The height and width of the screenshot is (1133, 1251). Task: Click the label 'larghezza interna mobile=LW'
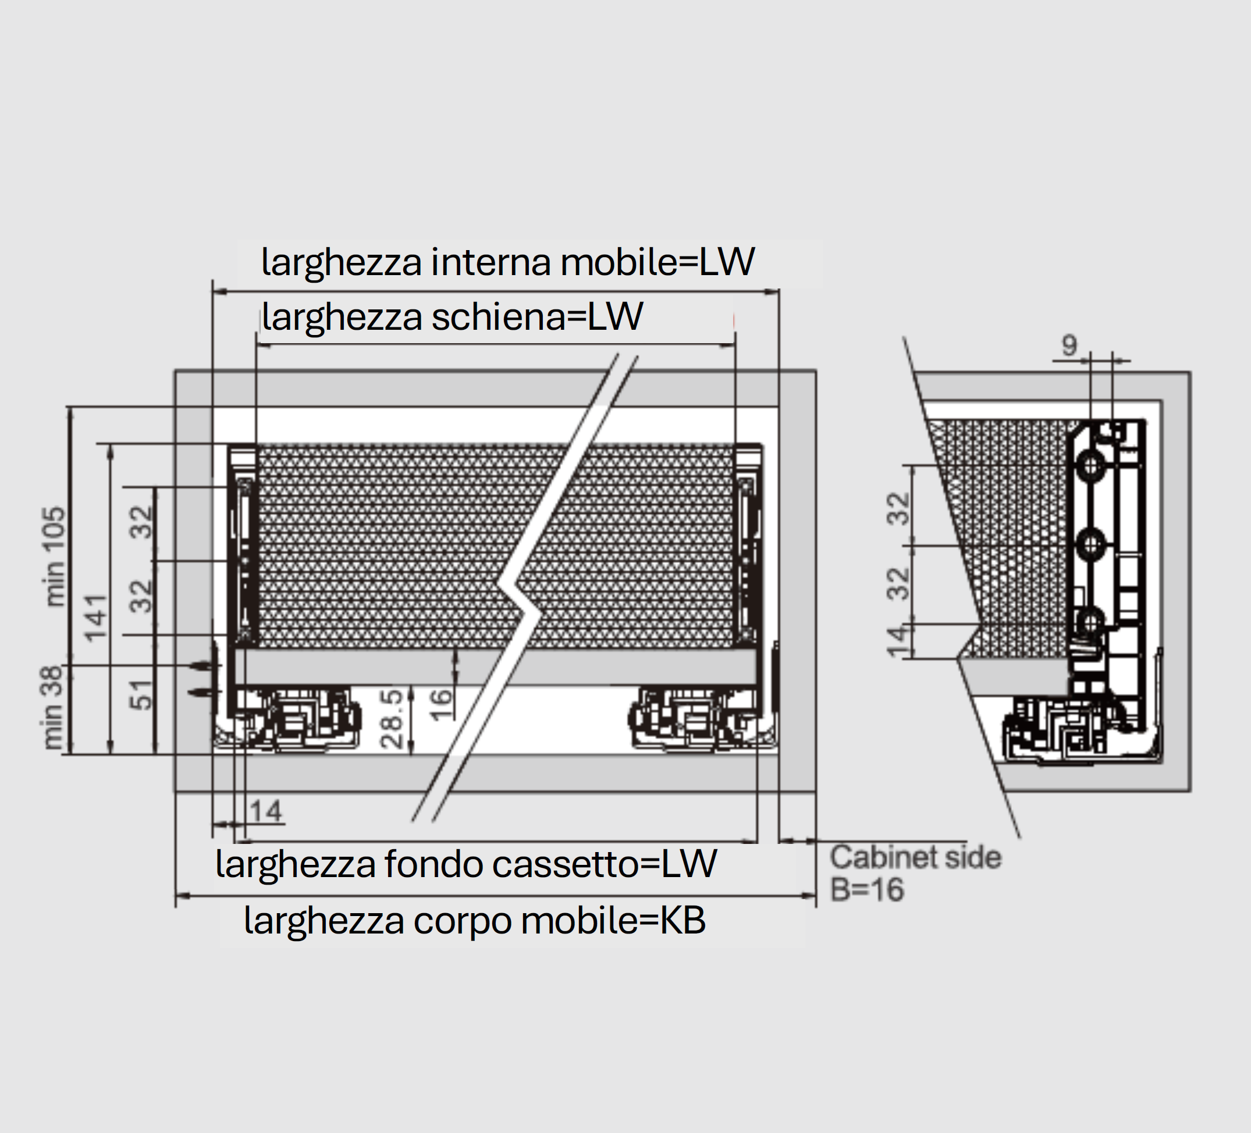point(507,262)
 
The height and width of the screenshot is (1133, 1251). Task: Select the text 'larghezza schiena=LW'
point(452,317)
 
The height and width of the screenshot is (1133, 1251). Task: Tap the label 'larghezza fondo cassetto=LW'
point(465,863)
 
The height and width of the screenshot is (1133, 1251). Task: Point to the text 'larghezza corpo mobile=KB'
point(475,920)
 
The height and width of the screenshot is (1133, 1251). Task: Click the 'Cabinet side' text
point(915,858)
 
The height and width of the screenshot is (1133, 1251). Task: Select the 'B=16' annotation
point(867,890)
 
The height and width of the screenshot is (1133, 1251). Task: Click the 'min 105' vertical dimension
point(55,556)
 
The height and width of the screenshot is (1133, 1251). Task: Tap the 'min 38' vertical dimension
point(54,707)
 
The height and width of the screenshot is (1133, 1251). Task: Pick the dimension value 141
point(96,618)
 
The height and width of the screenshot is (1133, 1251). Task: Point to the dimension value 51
point(141,694)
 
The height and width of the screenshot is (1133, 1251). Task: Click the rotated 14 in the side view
point(897,641)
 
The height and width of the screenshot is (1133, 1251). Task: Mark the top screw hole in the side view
point(1090,465)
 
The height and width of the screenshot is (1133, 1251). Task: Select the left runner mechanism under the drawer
point(298,719)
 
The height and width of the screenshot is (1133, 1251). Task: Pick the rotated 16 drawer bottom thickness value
point(440,704)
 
